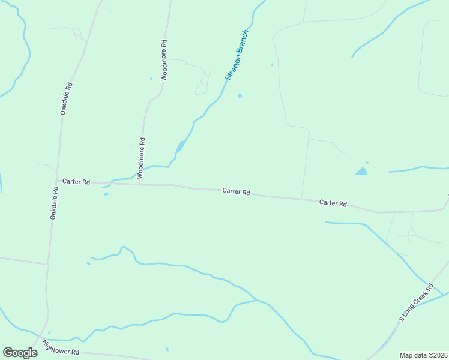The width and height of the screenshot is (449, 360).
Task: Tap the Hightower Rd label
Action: click(61, 347)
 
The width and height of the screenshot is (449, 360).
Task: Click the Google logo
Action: click(20, 353)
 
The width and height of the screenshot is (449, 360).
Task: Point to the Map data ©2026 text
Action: click(423, 355)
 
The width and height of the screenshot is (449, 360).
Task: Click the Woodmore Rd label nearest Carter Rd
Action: click(141, 158)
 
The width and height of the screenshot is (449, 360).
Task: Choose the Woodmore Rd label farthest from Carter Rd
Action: click(164, 60)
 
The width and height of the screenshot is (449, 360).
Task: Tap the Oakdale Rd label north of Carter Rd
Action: click(66, 98)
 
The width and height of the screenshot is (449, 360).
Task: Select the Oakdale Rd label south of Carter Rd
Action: click(55, 202)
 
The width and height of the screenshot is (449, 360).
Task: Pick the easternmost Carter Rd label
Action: click(333, 203)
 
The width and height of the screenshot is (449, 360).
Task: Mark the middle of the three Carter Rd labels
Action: click(236, 191)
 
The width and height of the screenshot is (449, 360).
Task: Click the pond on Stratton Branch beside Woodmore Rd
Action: click(179, 147)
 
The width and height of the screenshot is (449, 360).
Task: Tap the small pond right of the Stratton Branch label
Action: click(240, 95)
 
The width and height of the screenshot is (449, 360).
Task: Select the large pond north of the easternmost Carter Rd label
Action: click(361, 171)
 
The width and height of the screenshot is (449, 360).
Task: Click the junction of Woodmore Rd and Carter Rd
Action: click(139, 184)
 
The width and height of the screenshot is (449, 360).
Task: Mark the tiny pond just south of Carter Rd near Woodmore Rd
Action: click(106, 194)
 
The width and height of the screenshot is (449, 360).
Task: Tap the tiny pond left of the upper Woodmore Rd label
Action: click(151, 79)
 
